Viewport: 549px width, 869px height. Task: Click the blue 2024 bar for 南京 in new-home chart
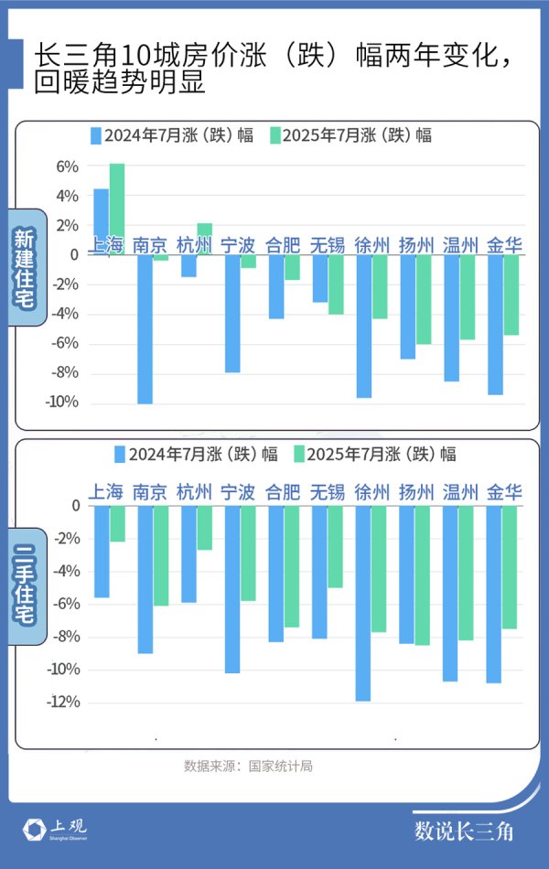(145, 329)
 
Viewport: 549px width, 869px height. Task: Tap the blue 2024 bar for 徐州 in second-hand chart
(363, 604)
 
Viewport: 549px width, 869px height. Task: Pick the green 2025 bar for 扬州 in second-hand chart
(423, 575)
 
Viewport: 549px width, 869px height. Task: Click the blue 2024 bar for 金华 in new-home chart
(495, 325)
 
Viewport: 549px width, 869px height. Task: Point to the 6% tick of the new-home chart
(68, 166)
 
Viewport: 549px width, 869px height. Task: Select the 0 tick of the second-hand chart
(76, 506)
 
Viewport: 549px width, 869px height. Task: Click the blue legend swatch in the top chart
(95, 135)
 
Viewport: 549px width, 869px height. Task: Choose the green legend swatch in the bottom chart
(297, 454)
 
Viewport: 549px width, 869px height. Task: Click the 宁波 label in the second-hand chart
(238, 492)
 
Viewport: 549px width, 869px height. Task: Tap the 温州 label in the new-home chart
(460, 245)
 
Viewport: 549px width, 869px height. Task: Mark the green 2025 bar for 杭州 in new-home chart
(205, 236)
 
